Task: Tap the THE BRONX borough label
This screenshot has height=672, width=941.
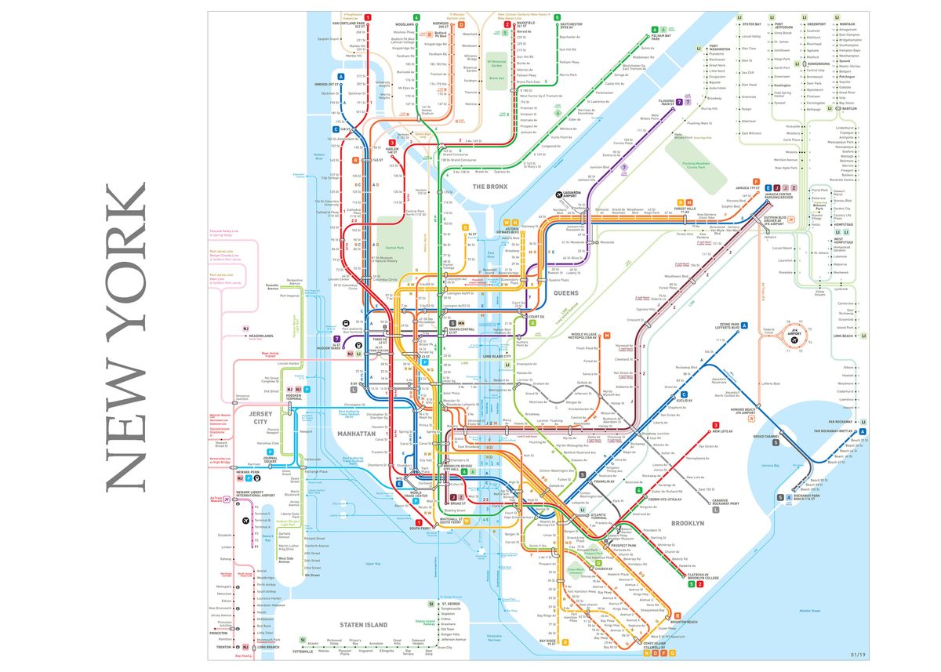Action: pyautogui.click(x=491, y=187)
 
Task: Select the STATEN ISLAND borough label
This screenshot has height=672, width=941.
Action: pyautogui.click(x=363, y=624)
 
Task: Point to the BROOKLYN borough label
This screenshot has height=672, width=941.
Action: pyautogui.click(x=687, y=522)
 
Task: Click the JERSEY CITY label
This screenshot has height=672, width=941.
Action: pyautogui.click(x=259, y=417)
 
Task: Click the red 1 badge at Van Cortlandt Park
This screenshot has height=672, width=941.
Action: pyautogui.click(x=368, y=17)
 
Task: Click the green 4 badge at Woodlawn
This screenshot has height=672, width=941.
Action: pyautogui.click(x=416, y=17)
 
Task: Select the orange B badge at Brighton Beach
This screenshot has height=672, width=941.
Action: pyautogui.click(x=678, y=616)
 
